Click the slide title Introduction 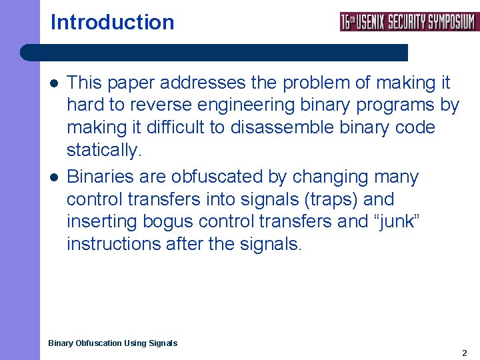tap(112, 22)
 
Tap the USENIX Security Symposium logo tap(409, 21)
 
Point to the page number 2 tap(465, 353)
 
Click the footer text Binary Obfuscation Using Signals tap(113, 343)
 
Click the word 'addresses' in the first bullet tap(201, 83)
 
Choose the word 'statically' tap(103, 150)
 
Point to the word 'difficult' tap(174, 127)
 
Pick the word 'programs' tap(393, 105)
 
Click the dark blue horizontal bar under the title tap(213, 53)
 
